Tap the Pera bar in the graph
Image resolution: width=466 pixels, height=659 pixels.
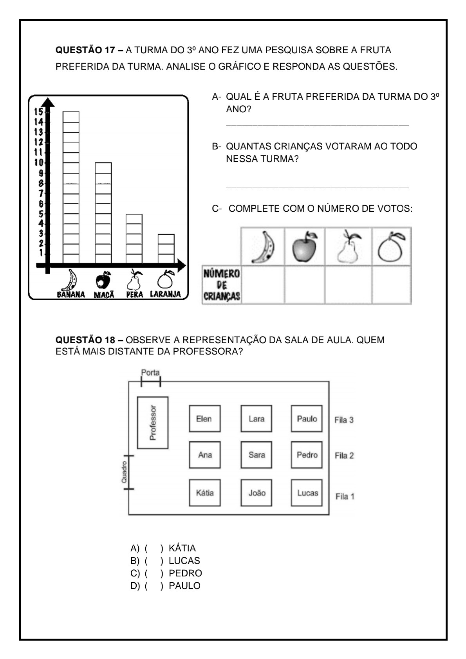click(x=134, y=238)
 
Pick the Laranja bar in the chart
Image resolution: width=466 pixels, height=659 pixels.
click(x=166, y=248)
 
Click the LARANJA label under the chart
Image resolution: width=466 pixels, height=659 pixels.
click(x=165, y=294)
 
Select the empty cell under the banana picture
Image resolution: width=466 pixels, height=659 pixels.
click(x=263, y=284)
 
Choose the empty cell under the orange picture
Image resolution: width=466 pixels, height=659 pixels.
click(x=391, y=284)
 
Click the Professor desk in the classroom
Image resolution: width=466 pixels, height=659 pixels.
click(x=153, y=423)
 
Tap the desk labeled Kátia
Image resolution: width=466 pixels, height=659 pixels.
click(x=205, y=493)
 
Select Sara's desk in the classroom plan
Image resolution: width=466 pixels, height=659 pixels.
click(x=256, y=455)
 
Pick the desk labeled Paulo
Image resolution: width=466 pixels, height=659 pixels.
click(x=307, y=419)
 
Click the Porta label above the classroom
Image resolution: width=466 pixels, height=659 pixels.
click(x=150, y=373)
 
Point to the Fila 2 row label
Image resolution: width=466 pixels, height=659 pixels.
click(x=344, y=456)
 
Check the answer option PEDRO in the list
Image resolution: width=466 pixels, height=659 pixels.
click(x=185, y=573)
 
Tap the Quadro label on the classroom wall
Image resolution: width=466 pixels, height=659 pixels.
click(x=124, y=472)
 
